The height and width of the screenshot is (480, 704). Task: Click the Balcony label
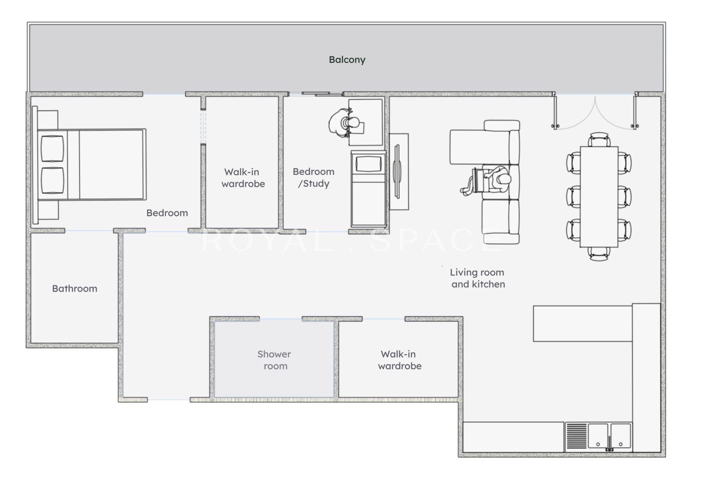click(x=347, y=60)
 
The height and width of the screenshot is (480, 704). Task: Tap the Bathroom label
click(x=74, y=288)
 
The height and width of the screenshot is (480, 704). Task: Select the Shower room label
click(x=275, y=360)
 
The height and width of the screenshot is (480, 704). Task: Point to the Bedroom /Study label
click(x=313, y=178)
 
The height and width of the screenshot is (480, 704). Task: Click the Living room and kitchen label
click(x=477, y=278)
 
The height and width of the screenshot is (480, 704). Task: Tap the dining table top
click(x=599, y=197)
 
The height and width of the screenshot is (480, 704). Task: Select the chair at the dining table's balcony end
click(x=599, y=139)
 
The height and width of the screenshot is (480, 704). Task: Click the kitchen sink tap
click(x=609, y=444)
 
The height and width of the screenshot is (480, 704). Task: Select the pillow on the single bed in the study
click(x=368, y=164)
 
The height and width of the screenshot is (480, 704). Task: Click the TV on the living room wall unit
click(x=398, y=171)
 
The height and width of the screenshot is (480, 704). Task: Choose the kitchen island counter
click(x=583, y=324)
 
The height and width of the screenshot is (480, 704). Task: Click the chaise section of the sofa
click(x=479, y=147)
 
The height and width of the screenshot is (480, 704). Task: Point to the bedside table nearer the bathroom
click(x=48, y=210)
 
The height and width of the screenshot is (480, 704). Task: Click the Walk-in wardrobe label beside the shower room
click(x=399, y=360)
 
